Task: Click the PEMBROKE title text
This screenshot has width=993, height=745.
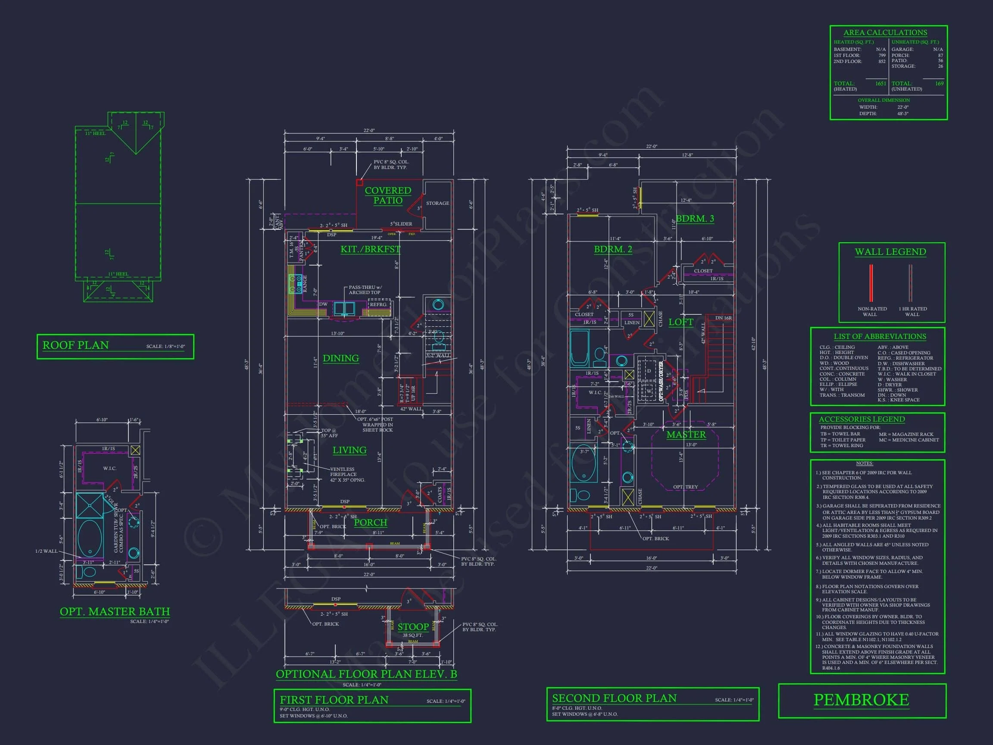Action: pos(861,700)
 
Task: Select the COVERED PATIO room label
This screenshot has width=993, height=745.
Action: pos(388,195)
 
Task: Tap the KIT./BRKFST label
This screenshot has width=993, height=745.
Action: pos(370,249)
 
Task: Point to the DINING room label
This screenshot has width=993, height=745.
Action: pos(341,358)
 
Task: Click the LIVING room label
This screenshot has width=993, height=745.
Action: pos(349,450)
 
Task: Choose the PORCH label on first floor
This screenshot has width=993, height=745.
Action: pos(370,522)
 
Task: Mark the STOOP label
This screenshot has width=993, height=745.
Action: pos(413,627)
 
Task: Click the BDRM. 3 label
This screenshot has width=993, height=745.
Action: pos(695,219)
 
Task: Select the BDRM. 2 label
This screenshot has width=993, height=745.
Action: pos(613,249)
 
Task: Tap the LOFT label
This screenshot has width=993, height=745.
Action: pos(681,322)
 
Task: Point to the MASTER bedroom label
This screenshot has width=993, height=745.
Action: pos(686,434)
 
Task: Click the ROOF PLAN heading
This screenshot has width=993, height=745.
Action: pos(75,345)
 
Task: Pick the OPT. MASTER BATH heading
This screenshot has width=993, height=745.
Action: pos(115,612)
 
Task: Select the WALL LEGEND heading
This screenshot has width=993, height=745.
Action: pos(890,252)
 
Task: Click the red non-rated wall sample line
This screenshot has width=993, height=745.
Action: pos(871,283)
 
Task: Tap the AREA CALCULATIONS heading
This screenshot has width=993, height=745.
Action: pos(885,33)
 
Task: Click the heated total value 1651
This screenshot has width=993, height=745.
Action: pos(881,84)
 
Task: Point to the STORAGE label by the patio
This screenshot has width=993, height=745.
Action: pos(437,203)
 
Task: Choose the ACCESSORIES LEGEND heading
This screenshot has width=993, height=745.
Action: pos(862,419)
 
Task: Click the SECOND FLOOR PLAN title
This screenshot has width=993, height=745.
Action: pos(614,698)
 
